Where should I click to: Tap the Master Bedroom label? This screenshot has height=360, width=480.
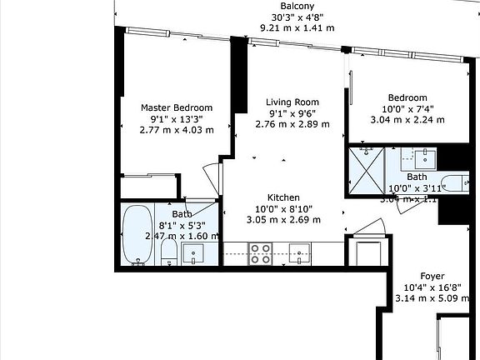[x=176, y=107]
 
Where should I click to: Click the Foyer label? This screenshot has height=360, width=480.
[x=432, y=276]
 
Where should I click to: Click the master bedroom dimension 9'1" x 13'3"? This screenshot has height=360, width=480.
[x=176, y=118]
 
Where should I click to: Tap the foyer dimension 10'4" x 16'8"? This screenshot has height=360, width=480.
[x=432, y=287]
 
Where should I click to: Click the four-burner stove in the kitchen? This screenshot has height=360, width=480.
[x=260, y=252]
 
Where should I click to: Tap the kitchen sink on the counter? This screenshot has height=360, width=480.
[x=300, y=252]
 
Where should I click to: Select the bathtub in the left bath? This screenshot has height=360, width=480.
[x=134, y=235]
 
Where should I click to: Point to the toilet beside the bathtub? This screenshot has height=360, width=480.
[x=167, y=252]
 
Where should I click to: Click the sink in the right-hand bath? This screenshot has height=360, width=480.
[x=426, y=157]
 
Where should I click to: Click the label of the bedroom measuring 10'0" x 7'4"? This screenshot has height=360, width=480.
[x=407, y=97]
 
